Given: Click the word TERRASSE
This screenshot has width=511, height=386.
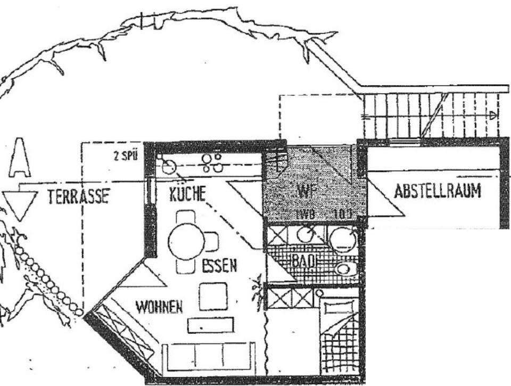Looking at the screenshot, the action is tap(78, 196).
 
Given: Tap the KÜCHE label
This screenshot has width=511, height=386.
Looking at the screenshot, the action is tap(187, 194).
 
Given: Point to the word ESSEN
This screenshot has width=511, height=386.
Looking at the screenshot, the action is tap(219, 265).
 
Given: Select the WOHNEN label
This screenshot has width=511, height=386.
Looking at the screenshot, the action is tap(159, 307).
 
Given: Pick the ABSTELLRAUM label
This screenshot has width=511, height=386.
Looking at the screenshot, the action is tap(437, 191).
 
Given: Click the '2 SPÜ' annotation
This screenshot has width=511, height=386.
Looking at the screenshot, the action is tap(126, 156).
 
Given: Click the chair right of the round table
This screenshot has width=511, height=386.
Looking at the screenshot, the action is tap(211, 242).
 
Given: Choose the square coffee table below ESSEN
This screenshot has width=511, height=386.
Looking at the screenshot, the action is tap(213, 296).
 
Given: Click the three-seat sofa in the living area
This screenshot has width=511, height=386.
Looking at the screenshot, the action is tap(208, 357).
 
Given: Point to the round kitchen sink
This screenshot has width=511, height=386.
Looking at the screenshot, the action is tap(169, 167).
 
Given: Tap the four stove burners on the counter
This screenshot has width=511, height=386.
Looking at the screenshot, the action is tap(212, 162).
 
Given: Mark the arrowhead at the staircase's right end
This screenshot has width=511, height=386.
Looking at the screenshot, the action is tap(493, 114).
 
